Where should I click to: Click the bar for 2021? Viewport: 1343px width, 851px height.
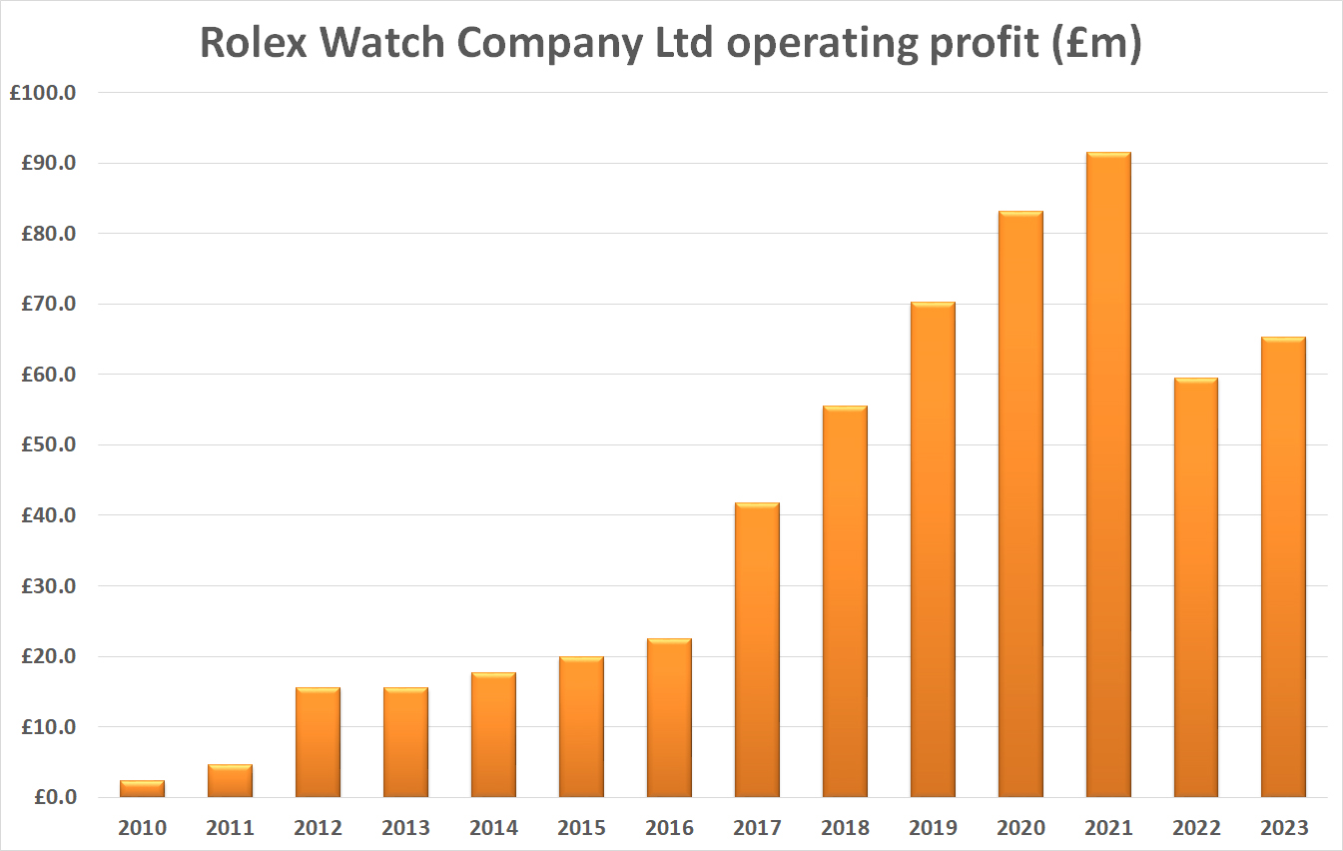(x=1108, y=474)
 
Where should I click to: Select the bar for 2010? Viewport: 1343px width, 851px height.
(x=142, y=789)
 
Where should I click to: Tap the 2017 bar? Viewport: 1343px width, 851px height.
(x=757, y=649)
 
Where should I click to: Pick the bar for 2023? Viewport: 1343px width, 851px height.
(x=1283, y=567)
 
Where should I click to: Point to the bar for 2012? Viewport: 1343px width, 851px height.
(x=318, y=742)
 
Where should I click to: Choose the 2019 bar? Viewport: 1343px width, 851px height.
(x=933, y=549)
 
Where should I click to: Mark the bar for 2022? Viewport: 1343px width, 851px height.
(x=1195, y=587)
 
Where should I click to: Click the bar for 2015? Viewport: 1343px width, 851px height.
(x=581, y=727)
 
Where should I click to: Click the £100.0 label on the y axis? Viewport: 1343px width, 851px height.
(x=49, y=93)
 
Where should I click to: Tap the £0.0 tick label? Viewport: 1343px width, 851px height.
(x=57, y=798)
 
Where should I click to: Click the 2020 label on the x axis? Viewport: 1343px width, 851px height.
(x=1020, y=828)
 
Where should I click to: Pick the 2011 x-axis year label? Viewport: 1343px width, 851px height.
(x=230, y=828)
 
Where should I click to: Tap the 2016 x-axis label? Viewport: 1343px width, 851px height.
(x=669, y=828)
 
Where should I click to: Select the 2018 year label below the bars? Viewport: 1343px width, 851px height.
(x=845, y=828)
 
